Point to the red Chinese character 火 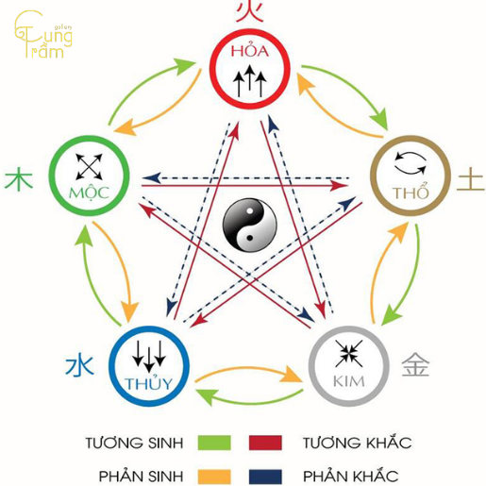[x=248, y=11]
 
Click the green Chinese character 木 [x=18, y=179]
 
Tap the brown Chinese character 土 [x=469, y=180]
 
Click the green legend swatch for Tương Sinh [x=215, y=442]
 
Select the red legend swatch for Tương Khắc [x=267, y=442]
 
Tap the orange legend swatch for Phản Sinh [x=215, y=474]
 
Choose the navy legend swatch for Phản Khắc [x=267, y=474]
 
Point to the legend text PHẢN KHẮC [x=352, y=474]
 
